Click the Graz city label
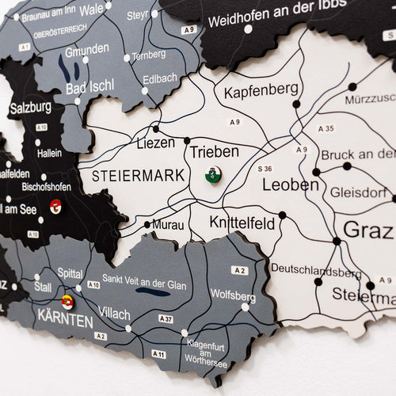coord(367,232)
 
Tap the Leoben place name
coord(290,185)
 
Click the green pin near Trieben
coord(213,175)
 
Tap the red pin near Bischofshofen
coord(55,207)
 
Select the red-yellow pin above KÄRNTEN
coord(67,302)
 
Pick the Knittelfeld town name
coord(242,223)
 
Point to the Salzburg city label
coord(30,106)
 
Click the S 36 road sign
coord(264,168)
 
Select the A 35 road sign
coord(326,128)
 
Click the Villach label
coord(116,314)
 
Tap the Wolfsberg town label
coord(232,296)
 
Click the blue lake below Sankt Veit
coord(152,292)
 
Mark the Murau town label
coord(168,225)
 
